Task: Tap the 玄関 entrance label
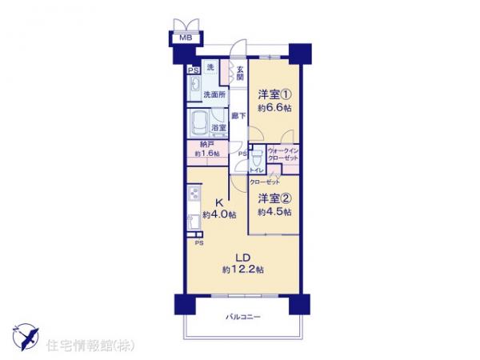(x=239, y=73)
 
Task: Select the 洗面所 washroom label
(x=214, y=95)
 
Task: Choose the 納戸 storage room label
(x=207, y=144)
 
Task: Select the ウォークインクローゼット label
(x=282, y=154)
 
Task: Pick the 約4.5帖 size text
(x=274, y=212)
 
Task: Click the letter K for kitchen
(x=218, y=202)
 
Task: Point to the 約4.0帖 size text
(x=218, y=214)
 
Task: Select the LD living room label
(x=240, y=256)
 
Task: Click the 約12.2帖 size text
(x=241, y=270)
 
